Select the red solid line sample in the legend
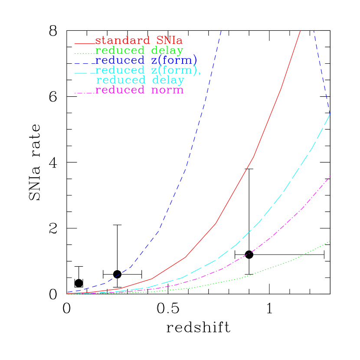pos(84,43)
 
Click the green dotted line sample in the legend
pos(84,53)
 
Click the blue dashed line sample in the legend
pos(84,63)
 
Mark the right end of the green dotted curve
pos(330,241)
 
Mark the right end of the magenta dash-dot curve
pos(330,176)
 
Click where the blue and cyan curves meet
pos(330,114)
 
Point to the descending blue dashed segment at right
pos(321,69)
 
